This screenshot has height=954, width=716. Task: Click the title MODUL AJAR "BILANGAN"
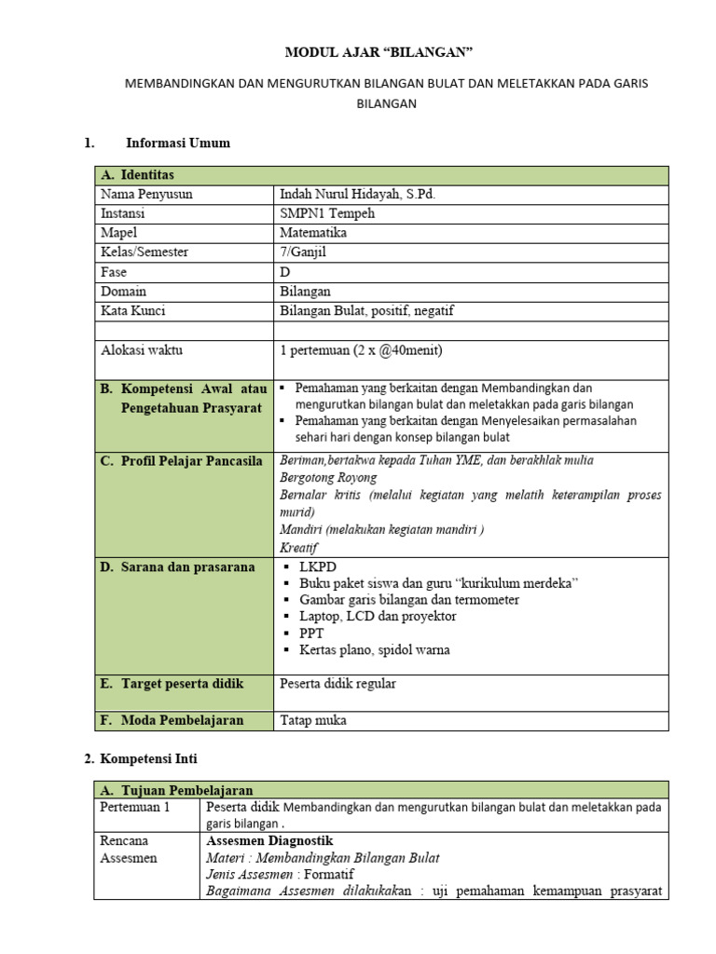click(386, 52)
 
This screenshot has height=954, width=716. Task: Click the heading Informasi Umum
click(177, 143)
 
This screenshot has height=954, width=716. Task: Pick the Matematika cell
click(313, 233)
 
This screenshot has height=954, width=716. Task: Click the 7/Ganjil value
click(304, 252)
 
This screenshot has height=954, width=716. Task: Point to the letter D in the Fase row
click(285, 272)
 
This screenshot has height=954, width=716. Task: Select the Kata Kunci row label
click(132, 311)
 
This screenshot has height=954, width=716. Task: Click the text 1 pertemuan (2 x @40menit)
click(361, 350)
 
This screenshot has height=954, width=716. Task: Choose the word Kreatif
click(299, 548)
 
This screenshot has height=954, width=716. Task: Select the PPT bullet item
click(311, 633)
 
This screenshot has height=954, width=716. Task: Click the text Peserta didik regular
click(337, 684)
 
